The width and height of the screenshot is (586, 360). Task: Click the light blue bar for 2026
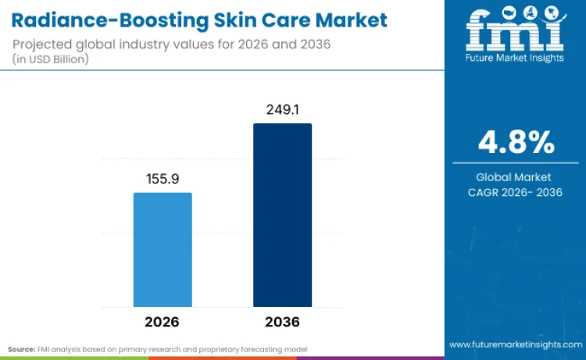point(163,250)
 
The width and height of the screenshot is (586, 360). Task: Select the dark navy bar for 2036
point(282,215)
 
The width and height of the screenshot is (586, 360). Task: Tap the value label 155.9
point(163,179)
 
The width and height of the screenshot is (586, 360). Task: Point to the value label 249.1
point(282,110)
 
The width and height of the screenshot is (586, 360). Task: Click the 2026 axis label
point(162,322)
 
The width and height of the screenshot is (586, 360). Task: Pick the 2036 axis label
point(282,322)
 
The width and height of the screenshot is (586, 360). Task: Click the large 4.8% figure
point(516,143)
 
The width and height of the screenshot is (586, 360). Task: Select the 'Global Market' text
point(515,177)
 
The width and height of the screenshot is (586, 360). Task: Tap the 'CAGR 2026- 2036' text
point(515,192)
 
